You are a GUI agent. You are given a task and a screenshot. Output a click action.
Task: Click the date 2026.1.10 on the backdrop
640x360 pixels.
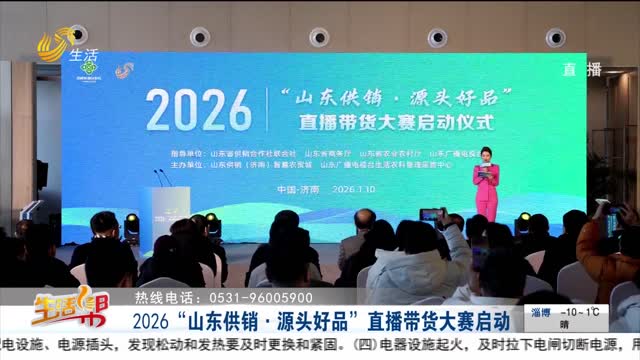click(382, 186)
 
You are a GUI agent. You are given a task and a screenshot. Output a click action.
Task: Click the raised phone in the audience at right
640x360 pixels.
click(431, 216)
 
